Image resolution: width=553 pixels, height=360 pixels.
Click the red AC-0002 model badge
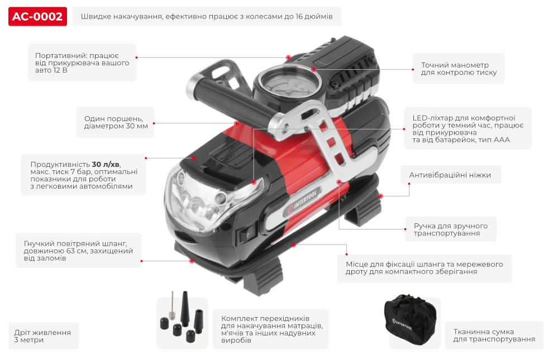(38, 17)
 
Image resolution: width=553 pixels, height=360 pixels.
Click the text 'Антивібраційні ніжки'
(450, 175)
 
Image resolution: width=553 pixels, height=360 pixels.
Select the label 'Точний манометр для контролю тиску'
(459, 69)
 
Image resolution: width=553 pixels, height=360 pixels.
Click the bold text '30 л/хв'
(106, 164)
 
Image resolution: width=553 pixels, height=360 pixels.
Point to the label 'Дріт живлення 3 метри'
(43, 335)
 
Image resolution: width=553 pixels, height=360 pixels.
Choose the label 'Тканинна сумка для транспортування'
(494, 335)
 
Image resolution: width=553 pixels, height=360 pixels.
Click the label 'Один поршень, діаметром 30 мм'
(116, 122)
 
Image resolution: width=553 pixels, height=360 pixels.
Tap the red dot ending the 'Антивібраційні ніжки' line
(380, 196)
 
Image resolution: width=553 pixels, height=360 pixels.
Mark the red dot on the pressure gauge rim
(313, 70)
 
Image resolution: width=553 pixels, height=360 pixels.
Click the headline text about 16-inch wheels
(207, 17)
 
